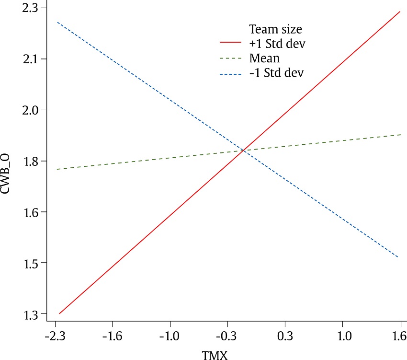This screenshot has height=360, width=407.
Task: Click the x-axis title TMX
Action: [215, 355]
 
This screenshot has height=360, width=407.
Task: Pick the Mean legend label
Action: [264, 58]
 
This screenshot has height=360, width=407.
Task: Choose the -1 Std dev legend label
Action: [276, 73]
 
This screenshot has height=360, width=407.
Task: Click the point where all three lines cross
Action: [244, 151]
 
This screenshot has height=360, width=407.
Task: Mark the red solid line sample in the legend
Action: [232, 43]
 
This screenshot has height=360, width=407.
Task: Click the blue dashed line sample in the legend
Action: [232, 73]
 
